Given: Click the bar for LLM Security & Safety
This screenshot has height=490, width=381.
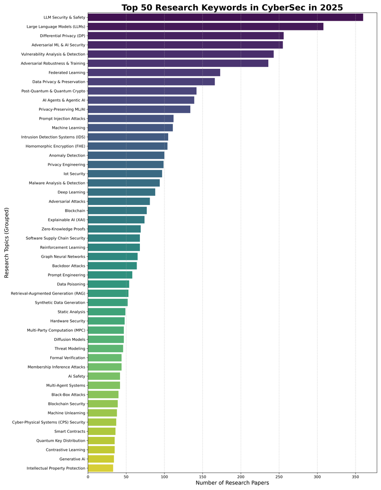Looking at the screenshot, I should pos(225,17).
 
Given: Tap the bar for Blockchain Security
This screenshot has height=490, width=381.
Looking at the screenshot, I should pos(103,404).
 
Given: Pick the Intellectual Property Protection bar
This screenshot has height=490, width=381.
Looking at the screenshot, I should pos(100,468).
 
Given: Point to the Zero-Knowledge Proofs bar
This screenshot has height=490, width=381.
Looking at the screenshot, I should pos(114,229).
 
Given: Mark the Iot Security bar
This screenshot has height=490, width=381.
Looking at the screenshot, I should pos(125,174).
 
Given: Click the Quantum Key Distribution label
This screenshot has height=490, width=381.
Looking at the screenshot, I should pos(61,441).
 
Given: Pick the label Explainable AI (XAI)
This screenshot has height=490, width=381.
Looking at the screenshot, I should pos(67,220).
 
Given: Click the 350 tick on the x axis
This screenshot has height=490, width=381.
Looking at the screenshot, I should pos(355,475).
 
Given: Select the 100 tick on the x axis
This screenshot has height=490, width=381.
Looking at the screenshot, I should pos(164,475).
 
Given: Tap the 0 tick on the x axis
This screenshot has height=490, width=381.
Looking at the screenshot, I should pos(88,475).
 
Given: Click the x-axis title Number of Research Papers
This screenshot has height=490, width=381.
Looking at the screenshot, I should pos(232,483).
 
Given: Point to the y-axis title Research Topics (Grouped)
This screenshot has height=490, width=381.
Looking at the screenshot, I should pos(7,242).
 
